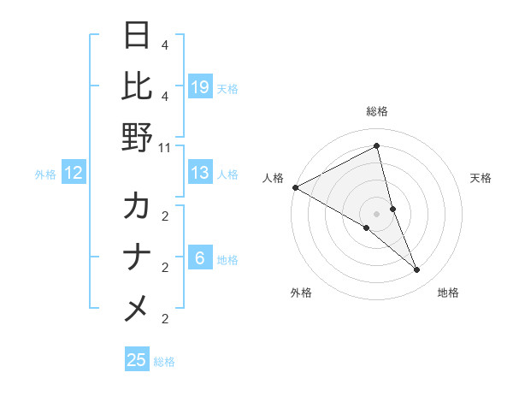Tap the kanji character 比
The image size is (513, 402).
pos(137,86)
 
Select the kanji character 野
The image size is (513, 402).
pos(137,137)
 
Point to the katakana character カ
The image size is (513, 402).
pos(137,206)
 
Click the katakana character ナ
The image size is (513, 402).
pos(137,257)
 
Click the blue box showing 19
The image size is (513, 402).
pos(199,86)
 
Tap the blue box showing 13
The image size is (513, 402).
pos(199,173)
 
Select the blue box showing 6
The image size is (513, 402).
pos(199,258)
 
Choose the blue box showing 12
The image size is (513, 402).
pos(74,174)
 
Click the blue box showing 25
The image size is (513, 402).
pos(137,360)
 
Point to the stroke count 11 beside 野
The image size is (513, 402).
pos(164,147)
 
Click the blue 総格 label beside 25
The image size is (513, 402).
pos(164,362)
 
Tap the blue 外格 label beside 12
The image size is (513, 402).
pos(45,174)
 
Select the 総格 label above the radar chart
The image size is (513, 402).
pos(376,112)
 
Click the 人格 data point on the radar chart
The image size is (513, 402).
pos(295,187)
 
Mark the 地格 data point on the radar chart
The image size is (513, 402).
pos(417,270)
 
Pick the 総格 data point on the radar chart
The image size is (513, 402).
pos(376,146)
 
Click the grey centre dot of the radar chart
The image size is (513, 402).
pos(376,213)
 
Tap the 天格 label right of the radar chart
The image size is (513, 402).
pos(481,178)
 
